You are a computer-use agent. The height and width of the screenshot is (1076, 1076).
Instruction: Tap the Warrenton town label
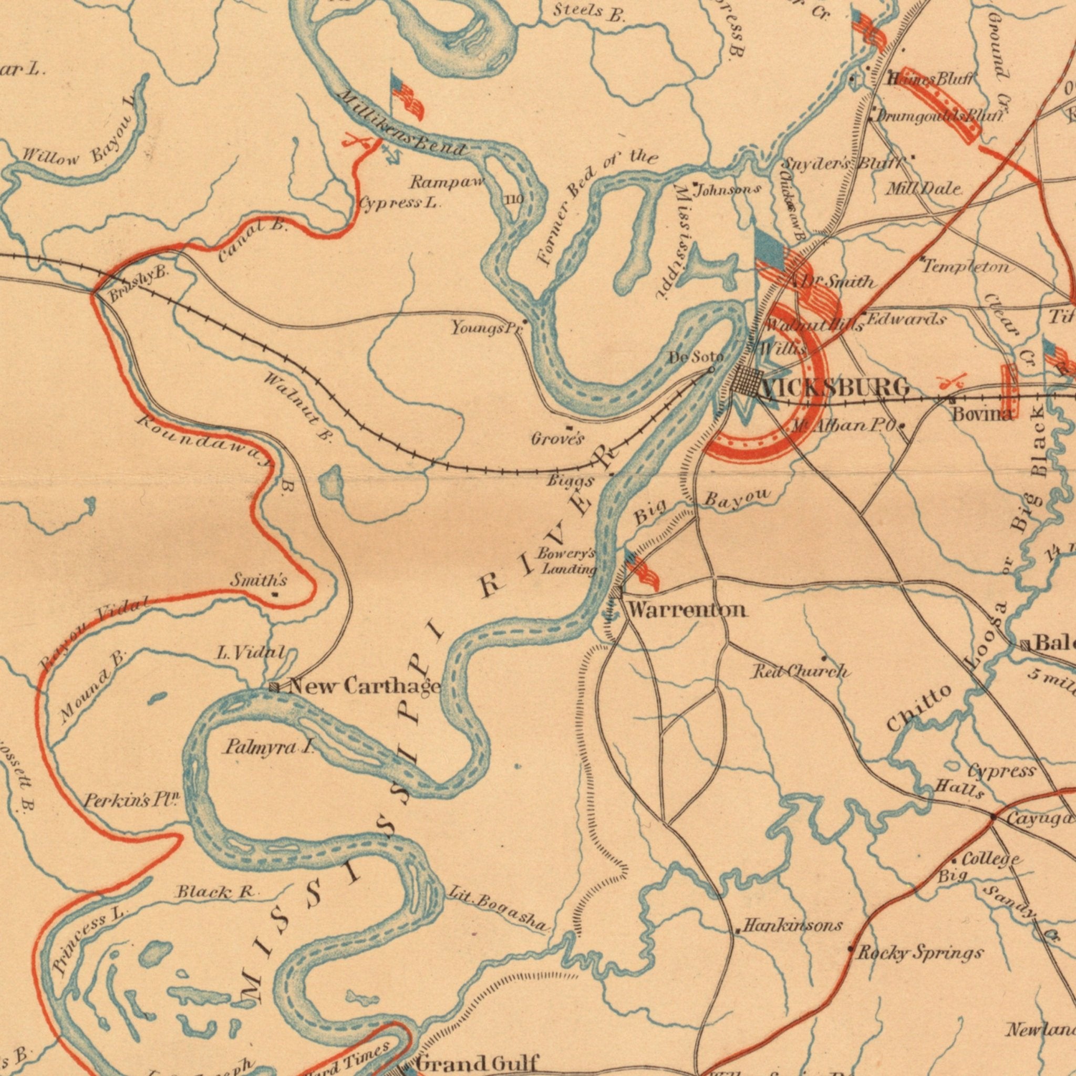(x=687, y=611)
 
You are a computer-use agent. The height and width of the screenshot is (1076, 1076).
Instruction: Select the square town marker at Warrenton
(x=615, y=592)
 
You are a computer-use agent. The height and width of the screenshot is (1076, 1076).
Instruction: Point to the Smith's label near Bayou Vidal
(x=258, y=581)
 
